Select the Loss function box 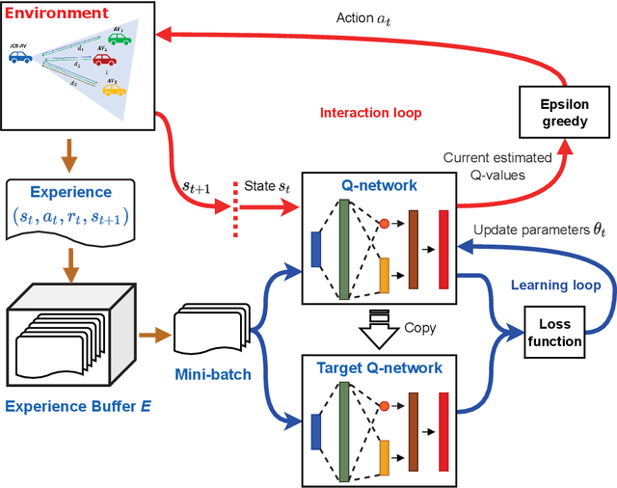click(559, 331)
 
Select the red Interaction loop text click(371, 113)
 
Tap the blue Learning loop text click(554, 286)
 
